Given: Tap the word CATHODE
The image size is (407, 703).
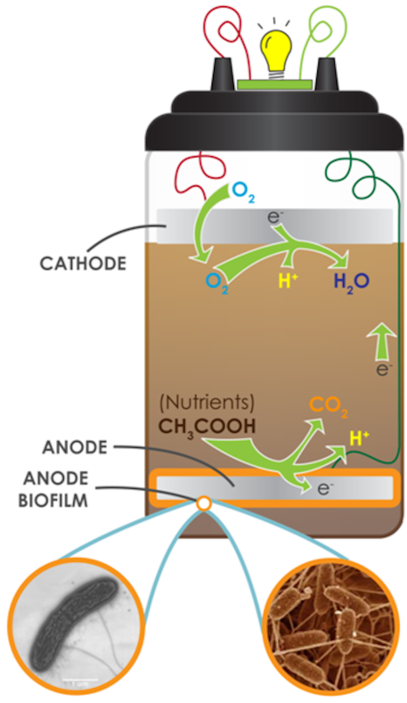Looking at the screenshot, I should [x=83, y=264].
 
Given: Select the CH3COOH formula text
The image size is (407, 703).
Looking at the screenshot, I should [x=207, y=427].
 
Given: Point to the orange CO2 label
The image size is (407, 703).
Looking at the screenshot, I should [x=328, y=405].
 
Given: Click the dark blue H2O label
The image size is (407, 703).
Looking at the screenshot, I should [x=351, y=282].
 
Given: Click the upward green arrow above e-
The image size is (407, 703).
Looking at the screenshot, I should [x=381, y=341].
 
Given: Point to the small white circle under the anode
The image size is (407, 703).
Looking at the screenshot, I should [x=203, y=504].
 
